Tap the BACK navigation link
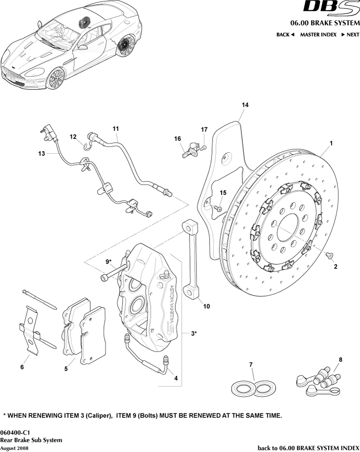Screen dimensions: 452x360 pos(285,35)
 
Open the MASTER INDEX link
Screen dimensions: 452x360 pos(318,35)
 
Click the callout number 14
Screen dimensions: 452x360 pos(245,105)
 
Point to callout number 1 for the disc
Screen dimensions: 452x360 pos(331,143)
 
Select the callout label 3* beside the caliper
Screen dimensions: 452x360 pos(193,333)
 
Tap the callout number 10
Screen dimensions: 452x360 pos(207,307)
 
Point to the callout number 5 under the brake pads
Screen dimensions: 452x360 pos(66,369)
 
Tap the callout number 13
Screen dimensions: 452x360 pos(42,153)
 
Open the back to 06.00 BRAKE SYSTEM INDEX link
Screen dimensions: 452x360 pos(308,448)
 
